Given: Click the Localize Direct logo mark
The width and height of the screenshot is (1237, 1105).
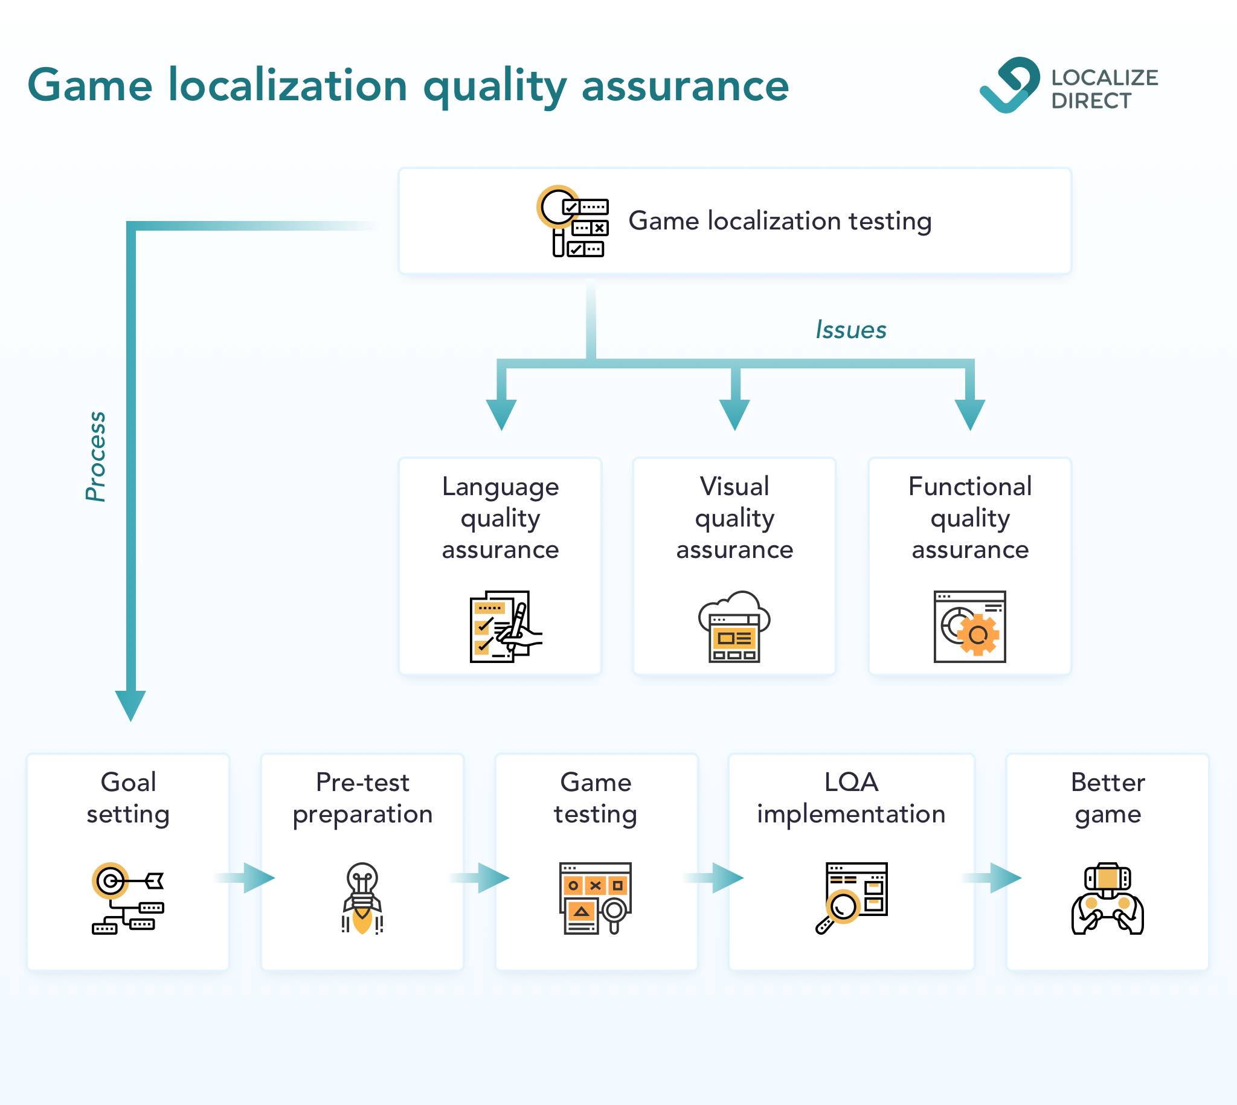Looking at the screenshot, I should point(1009,85).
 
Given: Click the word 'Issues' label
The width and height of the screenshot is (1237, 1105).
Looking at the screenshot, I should point(851,330).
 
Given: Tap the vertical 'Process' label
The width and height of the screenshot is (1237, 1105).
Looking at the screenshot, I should point(96,456).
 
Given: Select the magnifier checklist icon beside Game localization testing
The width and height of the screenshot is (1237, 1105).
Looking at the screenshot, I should point(573,221).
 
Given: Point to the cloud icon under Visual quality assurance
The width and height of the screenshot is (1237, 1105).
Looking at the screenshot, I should point(734,626).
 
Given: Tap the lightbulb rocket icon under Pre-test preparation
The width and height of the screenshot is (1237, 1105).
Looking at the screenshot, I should point(362,898).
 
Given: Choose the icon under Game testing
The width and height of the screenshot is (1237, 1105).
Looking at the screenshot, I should point(596,898).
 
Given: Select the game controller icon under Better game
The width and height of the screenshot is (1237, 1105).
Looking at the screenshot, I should point(1108,898).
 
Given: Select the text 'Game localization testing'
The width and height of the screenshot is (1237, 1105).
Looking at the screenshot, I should point(780,221).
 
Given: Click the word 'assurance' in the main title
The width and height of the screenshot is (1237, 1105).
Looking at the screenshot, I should point(685,86).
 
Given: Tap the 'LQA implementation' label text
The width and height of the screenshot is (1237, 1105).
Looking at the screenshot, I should point(852,798).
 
